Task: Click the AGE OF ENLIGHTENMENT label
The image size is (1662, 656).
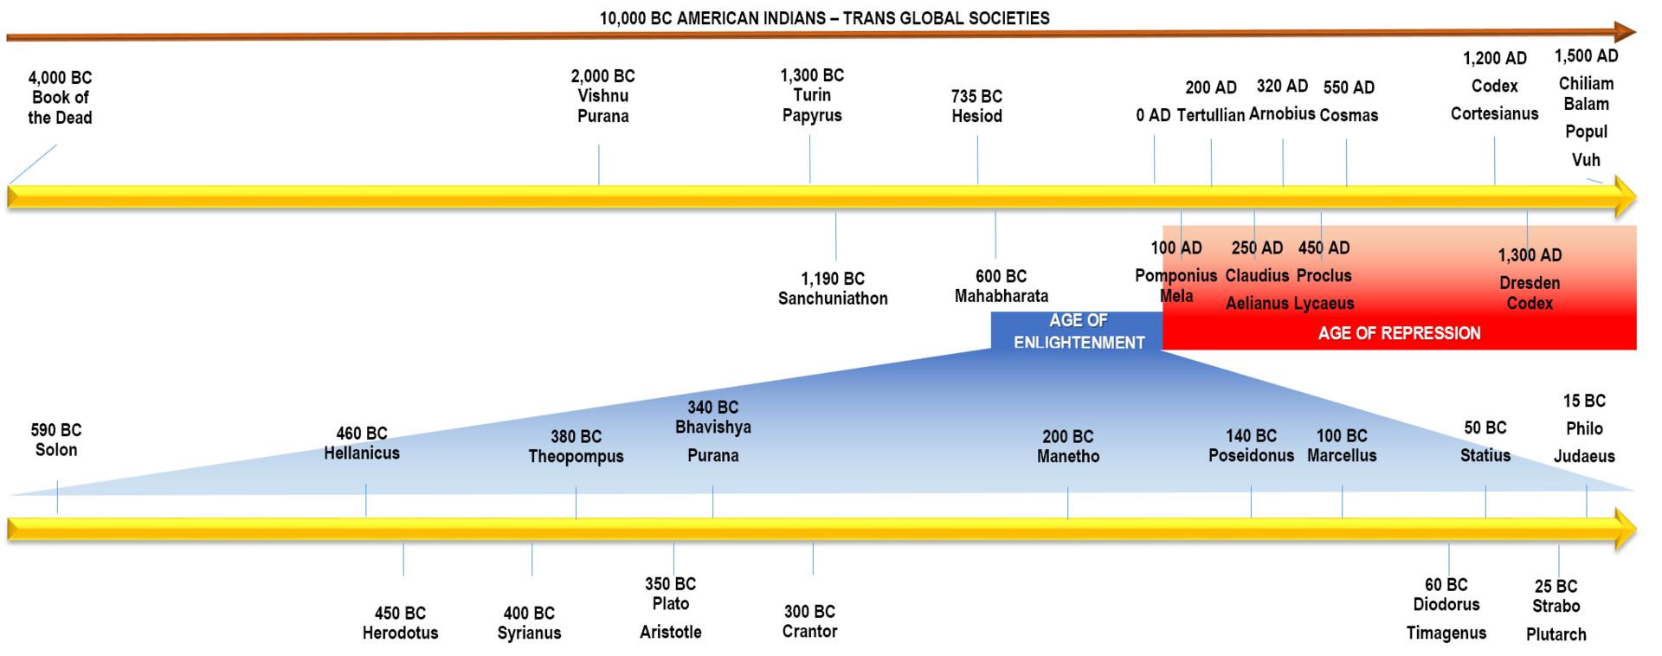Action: pos(1079,331)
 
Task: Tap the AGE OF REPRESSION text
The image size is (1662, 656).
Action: pos(1399,333)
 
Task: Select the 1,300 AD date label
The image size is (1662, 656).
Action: pos(1530,255)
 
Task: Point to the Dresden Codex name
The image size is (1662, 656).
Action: pos(1530,293)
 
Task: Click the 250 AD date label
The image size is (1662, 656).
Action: pos(1257,248)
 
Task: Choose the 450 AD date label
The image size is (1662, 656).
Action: pos(1324,248)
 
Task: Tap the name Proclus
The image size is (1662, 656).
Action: pos(1324,276)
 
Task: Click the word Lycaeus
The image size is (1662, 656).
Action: pos(1324,304)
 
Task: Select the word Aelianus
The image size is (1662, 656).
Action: pos(1257,304)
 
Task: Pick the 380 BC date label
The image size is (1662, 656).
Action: pos(576,437)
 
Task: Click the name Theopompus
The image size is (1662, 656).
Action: pos(576,457)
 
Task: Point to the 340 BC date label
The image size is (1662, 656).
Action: pos(712,408)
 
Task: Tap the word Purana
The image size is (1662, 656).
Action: pos(712,456)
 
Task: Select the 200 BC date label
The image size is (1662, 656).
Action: pos(1067,437)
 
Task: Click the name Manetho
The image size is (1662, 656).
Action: pos(1068,457)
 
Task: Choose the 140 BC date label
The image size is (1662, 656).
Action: pos(1251,436)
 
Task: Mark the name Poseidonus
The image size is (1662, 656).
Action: pos(1251,456)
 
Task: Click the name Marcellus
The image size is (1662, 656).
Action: pos(1342,456)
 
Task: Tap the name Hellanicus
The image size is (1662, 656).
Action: pos(362,453)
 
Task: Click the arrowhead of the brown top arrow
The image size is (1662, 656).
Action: pos(1625,32)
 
